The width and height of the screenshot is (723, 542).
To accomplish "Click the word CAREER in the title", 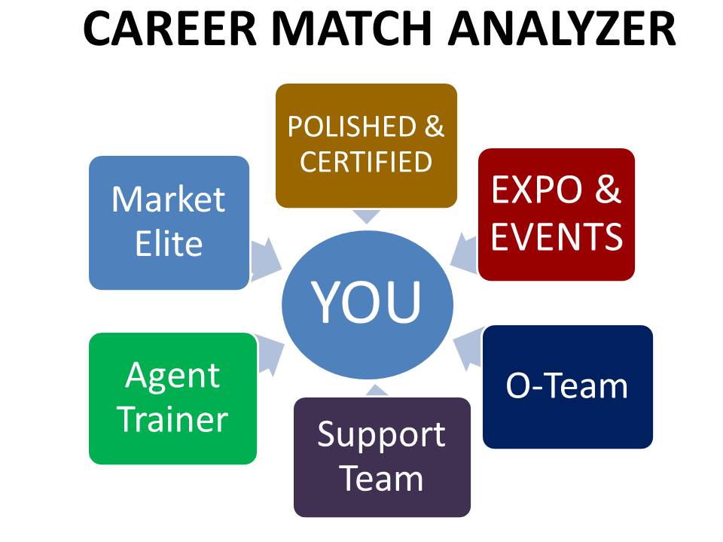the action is [x=169, y=29].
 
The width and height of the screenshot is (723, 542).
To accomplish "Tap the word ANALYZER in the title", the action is [x=562, y=29].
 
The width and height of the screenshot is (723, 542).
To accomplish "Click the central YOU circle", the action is [x=368, y=305].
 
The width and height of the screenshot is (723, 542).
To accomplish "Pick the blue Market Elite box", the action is [x=169, y=223].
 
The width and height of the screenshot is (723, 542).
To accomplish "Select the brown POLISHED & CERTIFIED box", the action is [x=366, y=145].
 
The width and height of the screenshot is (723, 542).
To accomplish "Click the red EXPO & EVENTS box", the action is [x=557, y=215].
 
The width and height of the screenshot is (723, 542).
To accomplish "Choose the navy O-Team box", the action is [x=568, y=387].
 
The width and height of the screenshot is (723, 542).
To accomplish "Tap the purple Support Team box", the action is [x=383, y=457].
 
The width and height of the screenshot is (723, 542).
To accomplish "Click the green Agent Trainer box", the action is [x=173, y=398].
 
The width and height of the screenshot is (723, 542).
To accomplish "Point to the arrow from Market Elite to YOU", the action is [x=265, y=259].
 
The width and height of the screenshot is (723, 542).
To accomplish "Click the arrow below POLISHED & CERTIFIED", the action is [x=367, y=216].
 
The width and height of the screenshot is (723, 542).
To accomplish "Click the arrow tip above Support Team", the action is [x=377, y=385].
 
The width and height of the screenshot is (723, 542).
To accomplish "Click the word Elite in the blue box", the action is [x=169, y=243].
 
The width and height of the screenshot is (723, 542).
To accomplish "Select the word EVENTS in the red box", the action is [x=557, y=236].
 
